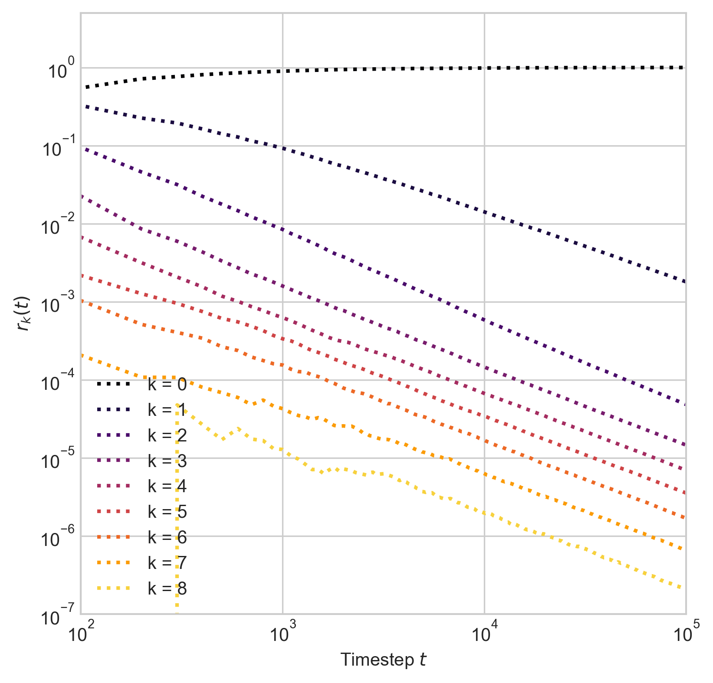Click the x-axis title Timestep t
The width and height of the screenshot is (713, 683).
click(x=383, y=660)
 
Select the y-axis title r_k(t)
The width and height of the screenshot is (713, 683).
click(x=23, y=313)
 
